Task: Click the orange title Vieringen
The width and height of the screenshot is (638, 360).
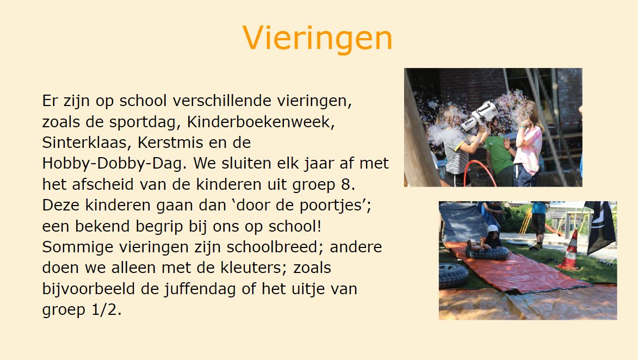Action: [318, 38]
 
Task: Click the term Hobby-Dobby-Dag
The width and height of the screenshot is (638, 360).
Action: [112, 164]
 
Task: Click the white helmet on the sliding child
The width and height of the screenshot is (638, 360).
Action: [493, 229]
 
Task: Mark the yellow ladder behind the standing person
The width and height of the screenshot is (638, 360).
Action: [525, 222]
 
